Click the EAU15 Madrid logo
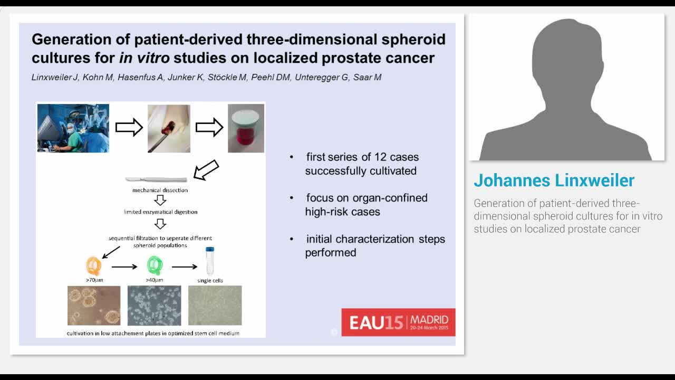pos(398,322)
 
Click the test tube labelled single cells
pos(210,261)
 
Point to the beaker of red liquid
pos(246,128)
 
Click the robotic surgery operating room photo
pos(73,128)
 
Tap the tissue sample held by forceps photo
pos(169,128)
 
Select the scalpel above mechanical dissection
pos(156,179)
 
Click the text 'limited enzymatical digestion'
pos(160,212)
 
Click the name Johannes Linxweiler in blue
pos(554,180)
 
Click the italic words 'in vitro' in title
pos(144,57)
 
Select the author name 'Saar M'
pos(367,77)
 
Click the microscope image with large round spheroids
pos(94,306)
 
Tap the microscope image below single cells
pos(215,306)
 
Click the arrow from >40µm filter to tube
pos(185,267)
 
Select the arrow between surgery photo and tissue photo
pos(129,127)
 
